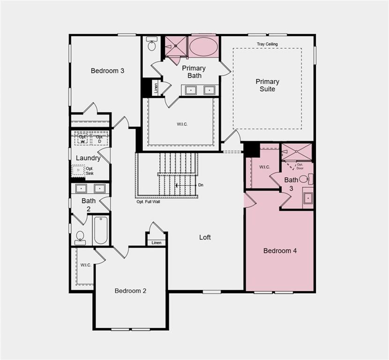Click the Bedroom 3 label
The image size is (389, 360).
(x=107, y=71)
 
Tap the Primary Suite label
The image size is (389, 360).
(x=267, y=85)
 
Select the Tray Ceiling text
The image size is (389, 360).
(x=267, y=44)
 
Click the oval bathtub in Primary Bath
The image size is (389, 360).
(x=203, y=47)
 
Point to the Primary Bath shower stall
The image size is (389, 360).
(x=175, y=47)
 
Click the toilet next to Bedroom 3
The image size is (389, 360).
(x=151, y=44)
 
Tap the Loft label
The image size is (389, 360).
(x=205, y=237)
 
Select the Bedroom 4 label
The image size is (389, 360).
(x=280, y=251)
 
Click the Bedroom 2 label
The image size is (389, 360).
(x=130, y=291)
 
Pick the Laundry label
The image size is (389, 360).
(x=88, y=158)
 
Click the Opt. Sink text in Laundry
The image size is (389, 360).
(x=90, y=171)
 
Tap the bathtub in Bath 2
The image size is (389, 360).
(x=100, y=230)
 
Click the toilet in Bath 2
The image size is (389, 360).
(x=80, y=237)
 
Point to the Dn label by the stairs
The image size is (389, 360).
(x=201, y=185)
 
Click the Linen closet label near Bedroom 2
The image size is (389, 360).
(x=156, y=242)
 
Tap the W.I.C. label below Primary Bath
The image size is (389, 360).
(x=182, y=124)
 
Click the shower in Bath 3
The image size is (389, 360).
(x=296, y=152)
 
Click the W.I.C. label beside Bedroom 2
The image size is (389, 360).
(x=85, y=265)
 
